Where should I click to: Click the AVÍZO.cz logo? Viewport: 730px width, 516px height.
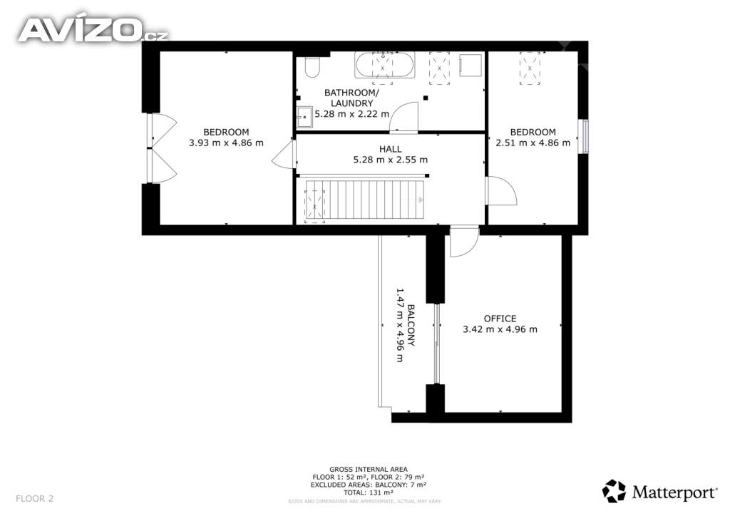tap(93, 29)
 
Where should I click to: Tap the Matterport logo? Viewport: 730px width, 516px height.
tap(659, 492)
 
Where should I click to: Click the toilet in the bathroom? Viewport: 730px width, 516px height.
tap(312, 67)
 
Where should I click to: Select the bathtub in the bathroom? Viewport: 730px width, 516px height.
tap(384, 65)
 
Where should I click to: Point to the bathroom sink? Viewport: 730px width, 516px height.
tap(305, 118)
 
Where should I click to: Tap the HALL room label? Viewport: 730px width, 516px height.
tap(390, 149)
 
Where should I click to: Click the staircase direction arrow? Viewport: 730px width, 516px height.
tap(421, 200)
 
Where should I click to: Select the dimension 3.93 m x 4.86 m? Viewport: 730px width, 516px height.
tap(226, 143)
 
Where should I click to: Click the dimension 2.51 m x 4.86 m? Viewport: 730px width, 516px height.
tap(533, 143)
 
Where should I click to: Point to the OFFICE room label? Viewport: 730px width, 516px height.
tap(500, 319)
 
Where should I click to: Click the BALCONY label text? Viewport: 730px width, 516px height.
tap(411, 325)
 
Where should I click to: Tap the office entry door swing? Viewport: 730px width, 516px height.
tap(464, 242)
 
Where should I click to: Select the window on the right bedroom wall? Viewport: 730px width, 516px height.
tap(583, 137)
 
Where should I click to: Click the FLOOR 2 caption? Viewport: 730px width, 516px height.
tap(34, 499)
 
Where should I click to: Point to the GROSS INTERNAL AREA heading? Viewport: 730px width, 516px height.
tap(369, 470)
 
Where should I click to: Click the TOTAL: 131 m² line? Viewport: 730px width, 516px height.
tap(369, 492)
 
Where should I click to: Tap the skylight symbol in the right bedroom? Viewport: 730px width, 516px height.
tap(530, 68)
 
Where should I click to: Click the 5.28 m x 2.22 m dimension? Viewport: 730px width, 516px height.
tap(352, 113)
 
